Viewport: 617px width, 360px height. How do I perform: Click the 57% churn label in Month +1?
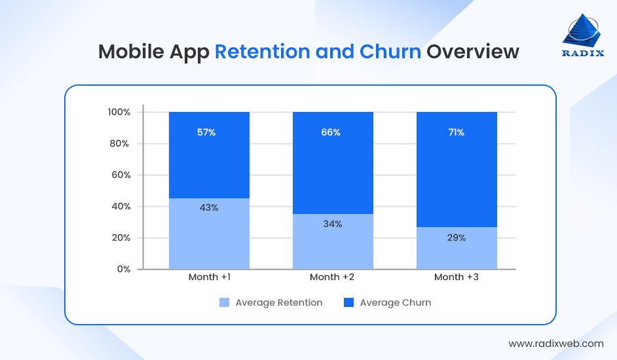pos(206,132)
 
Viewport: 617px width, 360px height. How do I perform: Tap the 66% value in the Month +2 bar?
pos(330,132)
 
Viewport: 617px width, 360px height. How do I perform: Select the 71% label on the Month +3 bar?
pos(456,132)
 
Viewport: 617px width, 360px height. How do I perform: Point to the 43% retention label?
pos(209,207)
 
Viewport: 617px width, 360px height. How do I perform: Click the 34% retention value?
pos(333,224)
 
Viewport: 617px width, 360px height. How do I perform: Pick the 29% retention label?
pos(457,238)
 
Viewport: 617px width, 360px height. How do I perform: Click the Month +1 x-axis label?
pos(209,277)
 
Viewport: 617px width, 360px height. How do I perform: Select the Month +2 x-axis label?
pos(333,277)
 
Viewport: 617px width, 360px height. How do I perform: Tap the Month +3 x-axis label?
pos(457,277)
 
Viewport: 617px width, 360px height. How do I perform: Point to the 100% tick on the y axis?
pos(119,112)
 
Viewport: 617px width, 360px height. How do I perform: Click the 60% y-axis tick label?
pos(121,175)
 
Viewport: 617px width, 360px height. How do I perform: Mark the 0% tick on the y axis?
pos(124,269)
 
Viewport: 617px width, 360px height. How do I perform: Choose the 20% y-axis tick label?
pos(121,238)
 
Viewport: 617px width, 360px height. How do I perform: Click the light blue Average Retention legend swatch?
pos(224,302)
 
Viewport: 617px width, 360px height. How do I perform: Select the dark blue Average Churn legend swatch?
pos(348,302)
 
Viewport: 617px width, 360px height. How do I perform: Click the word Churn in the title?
pos(390,52)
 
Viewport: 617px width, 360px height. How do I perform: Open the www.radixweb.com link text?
pos(556,343)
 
